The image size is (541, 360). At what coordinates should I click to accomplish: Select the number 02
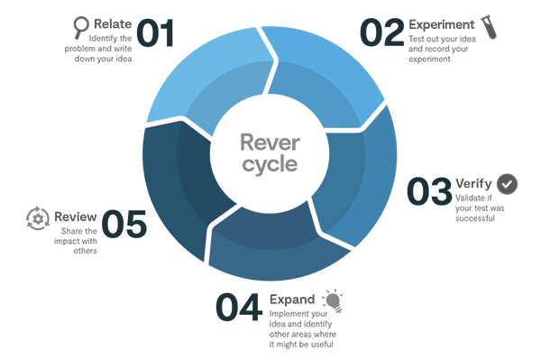pos(382,32)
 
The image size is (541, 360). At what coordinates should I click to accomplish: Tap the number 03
pos(428,192)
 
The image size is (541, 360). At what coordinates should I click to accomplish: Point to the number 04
pos(238,307)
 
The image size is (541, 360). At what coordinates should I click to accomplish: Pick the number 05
pos(124,225)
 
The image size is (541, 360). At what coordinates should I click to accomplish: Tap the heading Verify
pos(473,183)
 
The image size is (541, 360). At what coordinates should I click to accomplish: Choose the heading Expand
pos(292,299)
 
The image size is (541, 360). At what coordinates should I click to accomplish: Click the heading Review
pos(75,217)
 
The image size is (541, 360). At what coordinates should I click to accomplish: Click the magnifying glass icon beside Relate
pos(81,26)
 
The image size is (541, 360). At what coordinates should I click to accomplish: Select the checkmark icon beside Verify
pos(508,183)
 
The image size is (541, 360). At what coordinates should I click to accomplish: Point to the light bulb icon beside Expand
pos(334,300)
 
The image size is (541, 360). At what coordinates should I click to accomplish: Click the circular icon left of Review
pos(37,217)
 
